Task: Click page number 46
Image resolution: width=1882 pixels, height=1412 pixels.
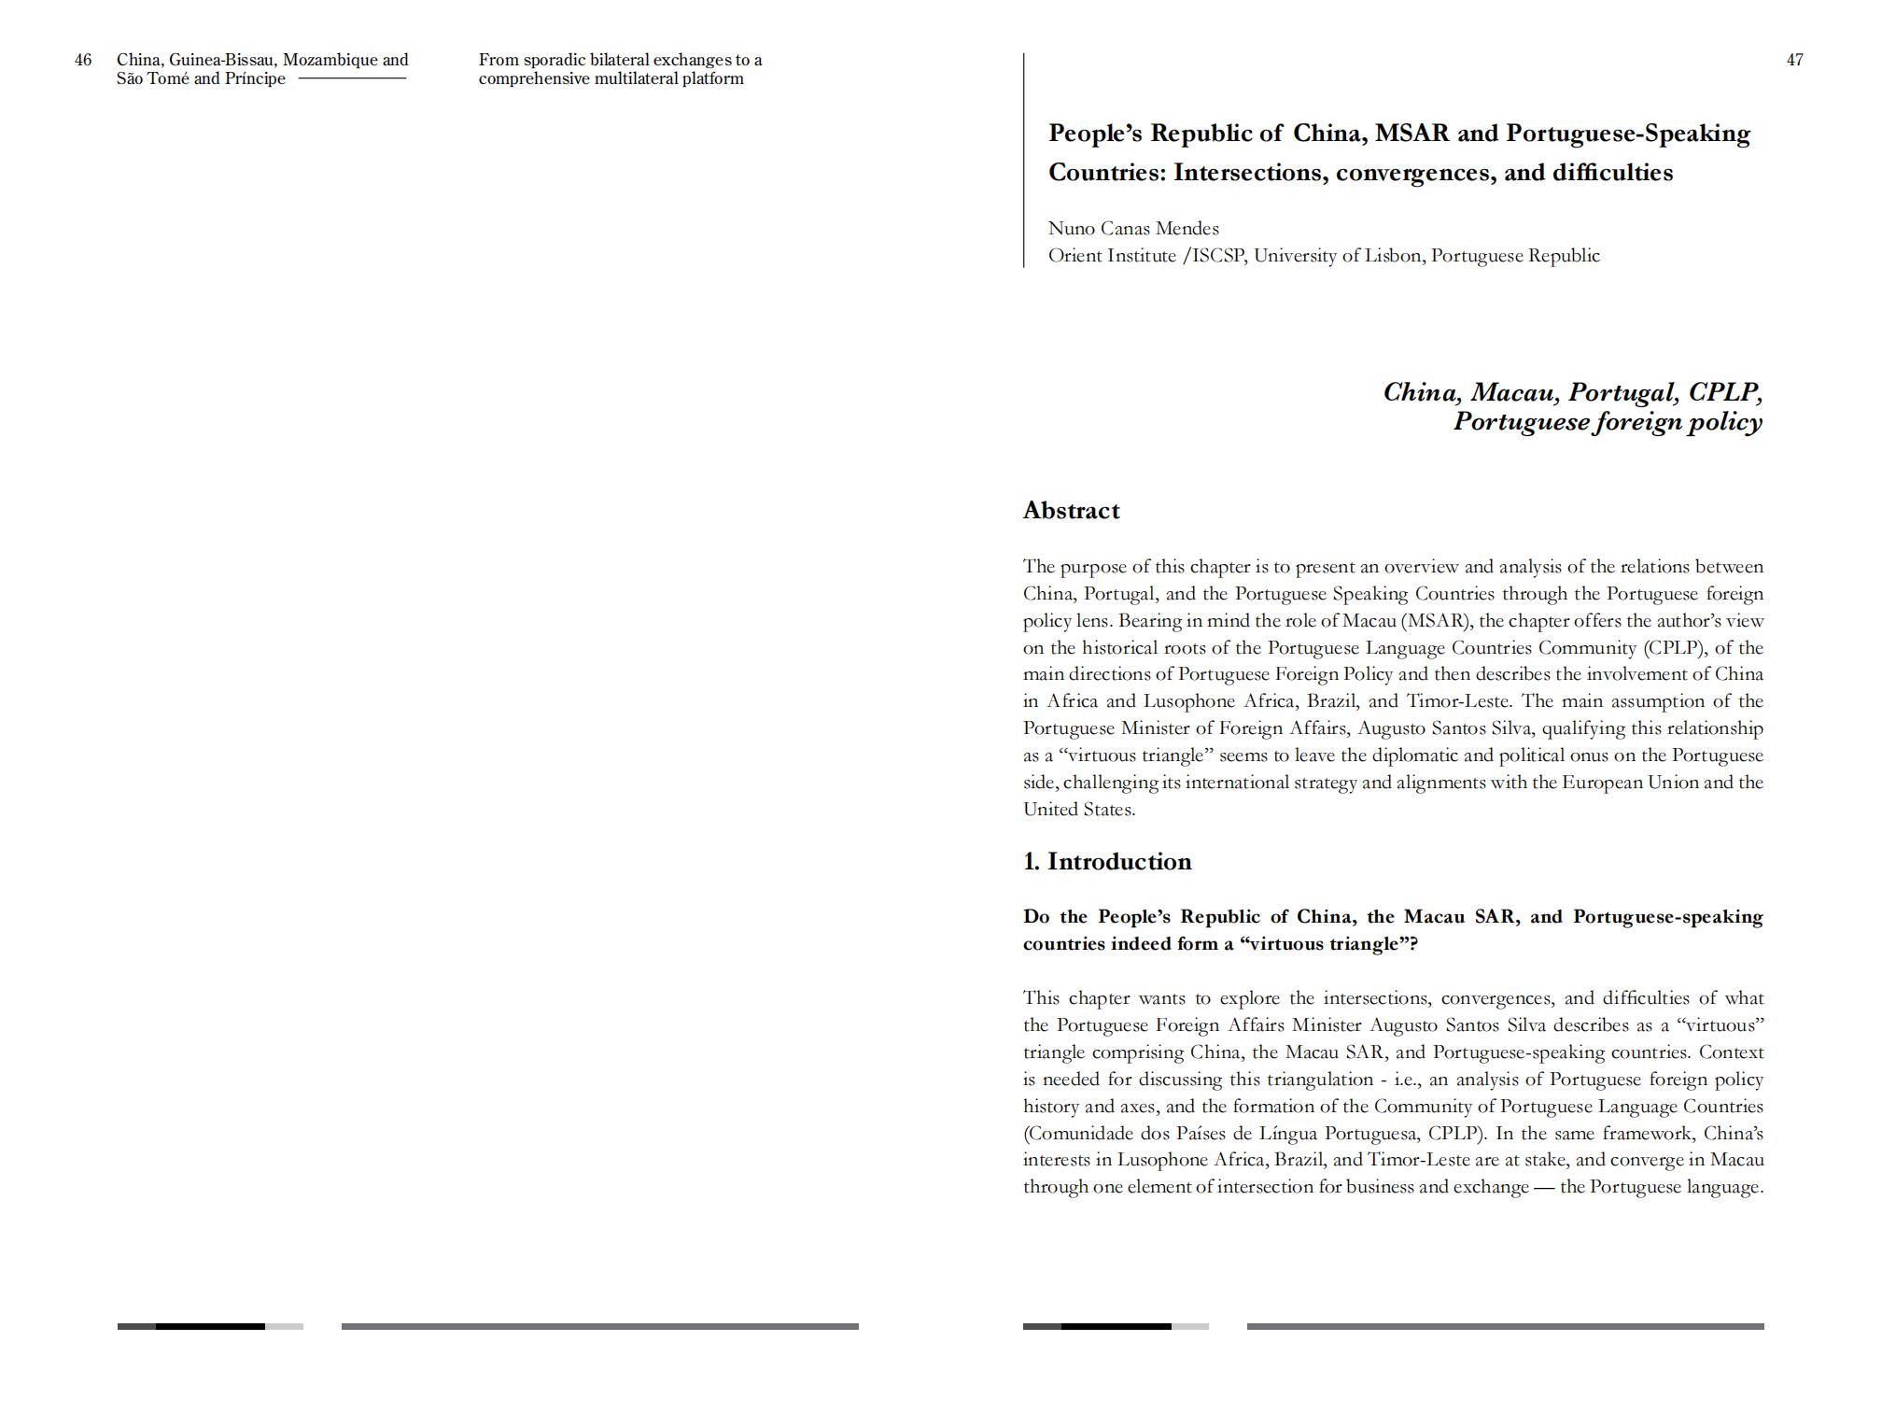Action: [83, 61]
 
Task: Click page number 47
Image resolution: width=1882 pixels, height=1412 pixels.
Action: [1794, 61]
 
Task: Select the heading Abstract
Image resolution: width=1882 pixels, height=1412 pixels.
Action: [1071, 511]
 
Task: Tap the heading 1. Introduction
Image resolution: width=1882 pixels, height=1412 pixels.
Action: [1107, 862]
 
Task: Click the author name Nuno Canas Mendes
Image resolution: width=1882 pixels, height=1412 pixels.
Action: [1133, 229]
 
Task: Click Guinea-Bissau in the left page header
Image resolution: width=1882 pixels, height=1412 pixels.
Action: [222, 61]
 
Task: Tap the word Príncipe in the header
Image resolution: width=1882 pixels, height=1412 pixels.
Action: [255, 79]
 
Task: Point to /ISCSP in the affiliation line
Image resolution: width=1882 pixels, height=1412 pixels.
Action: [1214, 256]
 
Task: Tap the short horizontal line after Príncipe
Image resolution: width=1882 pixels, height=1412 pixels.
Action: [352, 78]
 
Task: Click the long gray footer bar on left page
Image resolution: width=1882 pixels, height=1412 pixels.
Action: [599, 1326]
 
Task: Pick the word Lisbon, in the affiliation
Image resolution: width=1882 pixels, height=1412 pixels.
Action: [1395, 256]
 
